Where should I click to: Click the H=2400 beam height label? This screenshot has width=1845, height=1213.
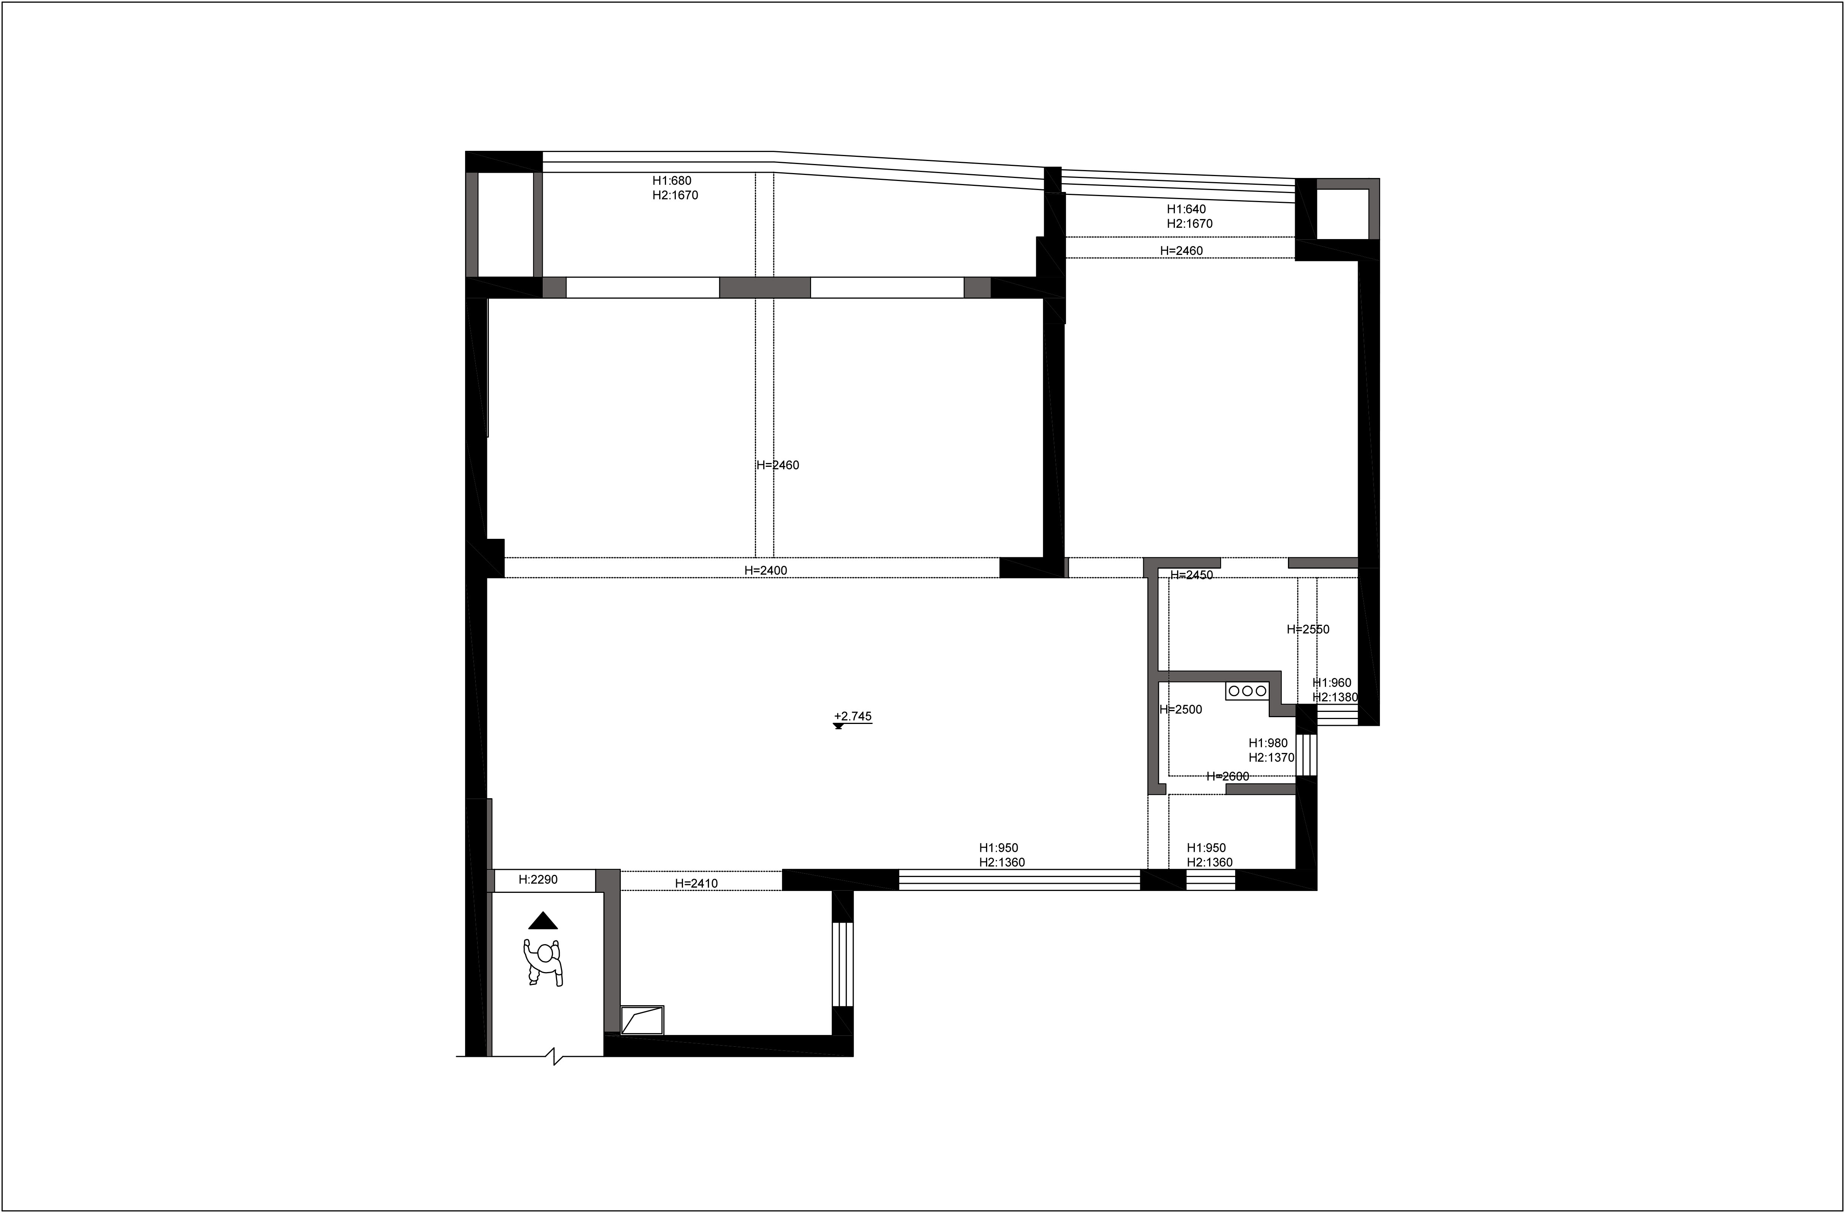coord(766,570)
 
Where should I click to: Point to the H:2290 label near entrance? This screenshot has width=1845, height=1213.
coord(538,880)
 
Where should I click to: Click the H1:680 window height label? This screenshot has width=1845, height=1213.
coord(672,181)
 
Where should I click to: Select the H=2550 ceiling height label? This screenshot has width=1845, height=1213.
coord(1309,629)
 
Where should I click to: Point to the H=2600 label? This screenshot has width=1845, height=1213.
coord(1228,776)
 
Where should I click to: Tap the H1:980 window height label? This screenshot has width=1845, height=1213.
coord(1268,743)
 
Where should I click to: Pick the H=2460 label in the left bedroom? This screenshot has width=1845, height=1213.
coord(778,465)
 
